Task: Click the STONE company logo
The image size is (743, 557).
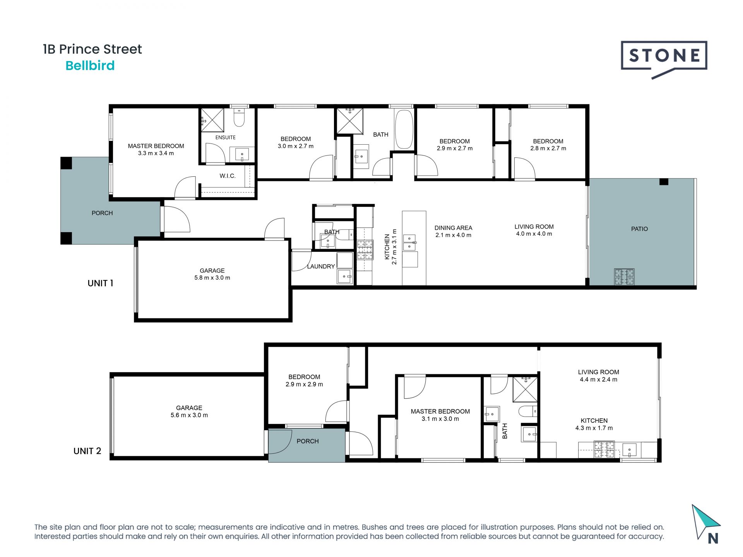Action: pyautogui.click(x=664, y=57)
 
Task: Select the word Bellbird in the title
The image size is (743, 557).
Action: pyautogui.click(x=90, y=66)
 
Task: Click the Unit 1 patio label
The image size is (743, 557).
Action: pyautogui.click(x=639, y=229)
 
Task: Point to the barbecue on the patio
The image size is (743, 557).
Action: pyautogui.click(x=624, y=277)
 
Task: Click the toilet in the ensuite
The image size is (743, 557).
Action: pyautogui.click(x=239, y=118)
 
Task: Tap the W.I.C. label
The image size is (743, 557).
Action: pyautogui.click(x=228, y=176)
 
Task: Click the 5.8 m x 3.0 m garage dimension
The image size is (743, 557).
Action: pyautogui.click(x=212, y=278)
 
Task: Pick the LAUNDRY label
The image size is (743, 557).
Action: pyautogui.click(x=321, y=267)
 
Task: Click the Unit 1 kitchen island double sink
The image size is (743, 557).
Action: pyautogui.click(x=409, y=242)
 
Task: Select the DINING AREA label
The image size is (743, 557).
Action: pyautogui.click(x=453, y=228)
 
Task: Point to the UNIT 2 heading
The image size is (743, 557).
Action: pyautogui.click(x=87, y=451)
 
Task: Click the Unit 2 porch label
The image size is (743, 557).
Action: pyautogui.click(x=308, y=441)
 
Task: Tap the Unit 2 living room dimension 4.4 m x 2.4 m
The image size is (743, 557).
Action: pyautogui.click(x=598, y=379)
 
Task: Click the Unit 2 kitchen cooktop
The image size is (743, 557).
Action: pyautogui.click(x=604, y=449)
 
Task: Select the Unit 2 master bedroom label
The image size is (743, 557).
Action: pyautogui.click(x=440, y=412)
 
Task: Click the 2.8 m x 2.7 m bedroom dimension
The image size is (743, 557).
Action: pyautogui.click(x=548, y=149)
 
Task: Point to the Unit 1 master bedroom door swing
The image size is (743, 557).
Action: pyautogui.click(x=185, y=188)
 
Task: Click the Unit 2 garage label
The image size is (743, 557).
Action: pyautogui.click(x=189, y=408)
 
